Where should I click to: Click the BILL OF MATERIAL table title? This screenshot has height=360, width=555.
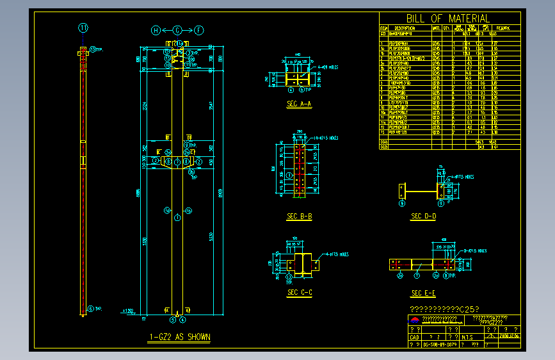point(447,19)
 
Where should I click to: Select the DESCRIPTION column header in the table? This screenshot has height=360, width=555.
point(405,28)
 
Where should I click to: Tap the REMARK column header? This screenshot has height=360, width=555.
point(503,28)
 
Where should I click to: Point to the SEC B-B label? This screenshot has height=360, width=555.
point(299,217)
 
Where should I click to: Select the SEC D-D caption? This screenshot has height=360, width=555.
point(424,217)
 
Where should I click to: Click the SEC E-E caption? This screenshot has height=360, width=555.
point(424,293)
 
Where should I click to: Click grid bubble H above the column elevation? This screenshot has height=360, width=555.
point(155,30)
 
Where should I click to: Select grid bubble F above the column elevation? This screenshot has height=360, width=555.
point(200,30)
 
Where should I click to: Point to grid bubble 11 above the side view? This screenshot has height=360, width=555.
point(83,27)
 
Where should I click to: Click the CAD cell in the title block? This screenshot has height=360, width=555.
point(414,336)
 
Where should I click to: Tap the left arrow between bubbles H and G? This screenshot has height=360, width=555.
point(166,30)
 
